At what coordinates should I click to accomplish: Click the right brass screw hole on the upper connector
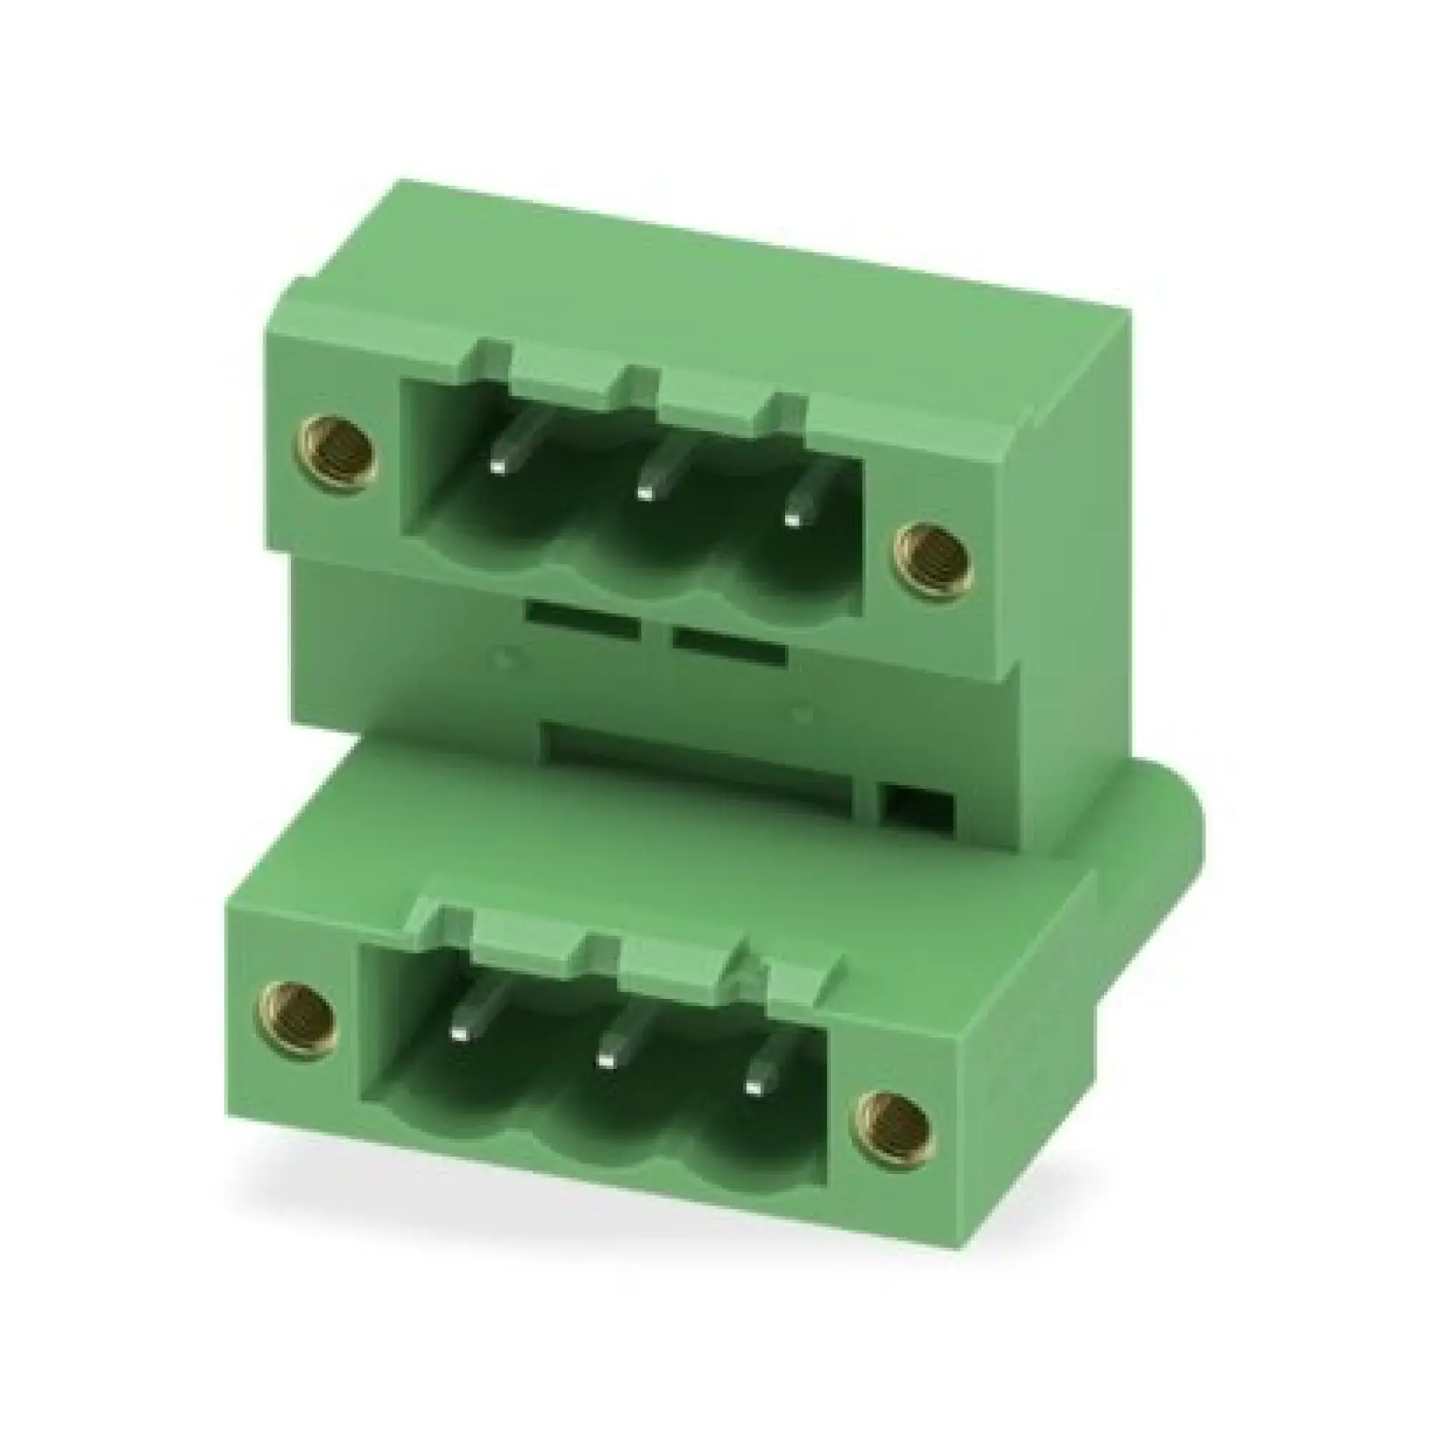point(934,561)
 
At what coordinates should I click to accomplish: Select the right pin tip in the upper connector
point(792,520)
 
